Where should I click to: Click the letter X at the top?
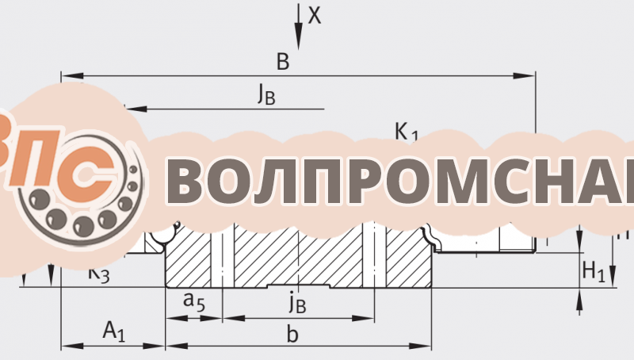tap(315, 15)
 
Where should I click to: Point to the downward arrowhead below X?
tap(299, 40)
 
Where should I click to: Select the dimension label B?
tap(282, 61)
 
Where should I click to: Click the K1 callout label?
tap(407, 133)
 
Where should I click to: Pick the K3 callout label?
tap(99, 274)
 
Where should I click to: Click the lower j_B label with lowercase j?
tap(297, 301)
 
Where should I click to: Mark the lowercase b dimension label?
tap(292, 335)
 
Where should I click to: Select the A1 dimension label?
tap(114, 331)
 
